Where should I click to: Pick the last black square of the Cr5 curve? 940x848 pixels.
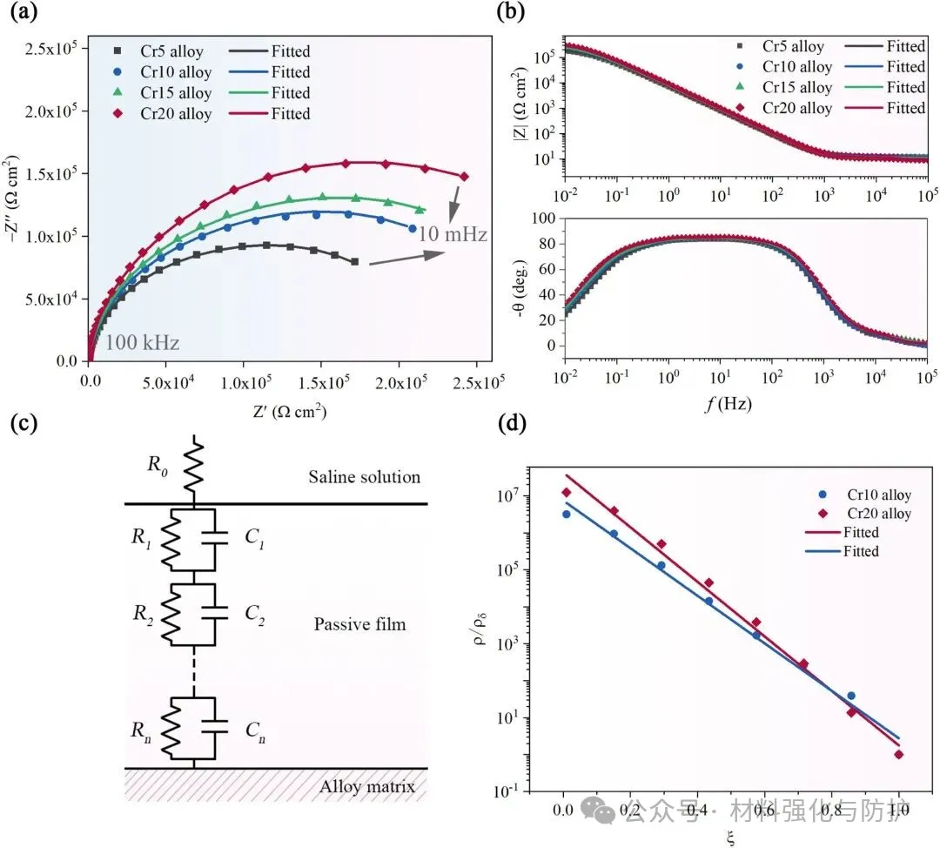click(x=355, y=261)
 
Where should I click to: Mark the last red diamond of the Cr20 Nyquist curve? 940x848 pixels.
click(x=464, y=177)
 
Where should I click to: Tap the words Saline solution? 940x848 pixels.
click(x=365, y=477)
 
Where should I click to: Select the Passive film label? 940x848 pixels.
click(x=359, y=625)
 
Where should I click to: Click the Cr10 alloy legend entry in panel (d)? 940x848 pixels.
click(x=879, y=495)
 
